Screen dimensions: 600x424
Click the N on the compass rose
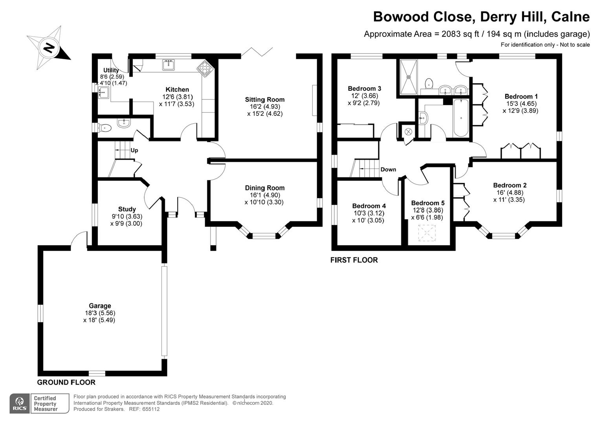click(x=49, y=48)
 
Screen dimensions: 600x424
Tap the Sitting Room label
click(x=265, y=100)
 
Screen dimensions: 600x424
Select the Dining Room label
click(x=265, y=188)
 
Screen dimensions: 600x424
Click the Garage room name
click(x=100, y=306)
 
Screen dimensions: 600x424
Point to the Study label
click(x=127, y=209)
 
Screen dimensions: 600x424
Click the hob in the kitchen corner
click(x=206, y=68)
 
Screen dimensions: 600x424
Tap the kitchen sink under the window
click(x=168, y=64)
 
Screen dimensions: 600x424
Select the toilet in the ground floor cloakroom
click(x=105, y=128)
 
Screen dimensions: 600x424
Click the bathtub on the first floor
click(x=461, y=117)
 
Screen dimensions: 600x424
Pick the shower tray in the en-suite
click(x=409, y=77)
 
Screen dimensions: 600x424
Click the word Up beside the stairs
click(x=134, y=150)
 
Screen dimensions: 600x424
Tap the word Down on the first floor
click(x=388, y=170)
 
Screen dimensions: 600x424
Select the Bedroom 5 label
click(x=428, y=203)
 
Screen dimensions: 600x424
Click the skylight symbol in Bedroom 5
click(x=427, y=233)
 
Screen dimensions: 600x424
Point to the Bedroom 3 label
click(x=364, y=89)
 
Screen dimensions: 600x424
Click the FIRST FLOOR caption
click(x=354, y=260)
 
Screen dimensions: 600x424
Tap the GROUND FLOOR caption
click(x=66, y=382)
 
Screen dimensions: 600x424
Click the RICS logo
click(x=20, y=404)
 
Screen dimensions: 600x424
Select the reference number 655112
click(x=151, y=409)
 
